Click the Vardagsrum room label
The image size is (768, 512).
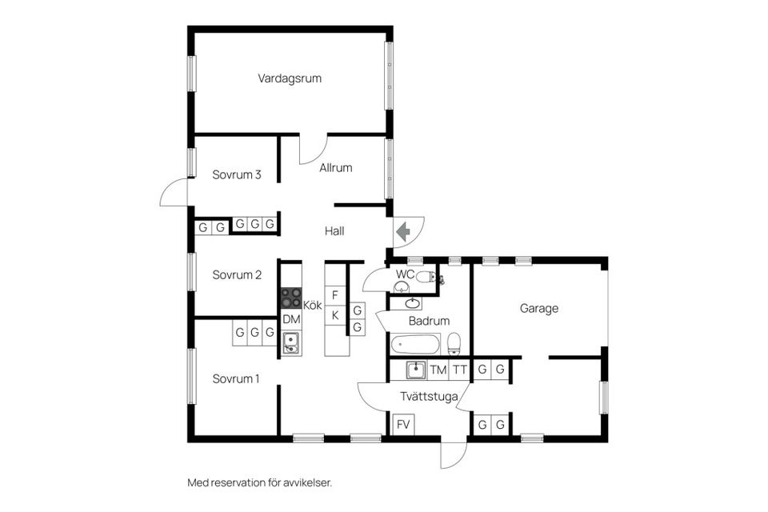290,78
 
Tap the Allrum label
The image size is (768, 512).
335,168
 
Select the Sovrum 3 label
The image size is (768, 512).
237,174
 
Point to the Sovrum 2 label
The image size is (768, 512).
237,275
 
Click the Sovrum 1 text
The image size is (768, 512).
236,378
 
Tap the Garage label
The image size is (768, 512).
538,308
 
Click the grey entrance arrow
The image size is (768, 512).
403,230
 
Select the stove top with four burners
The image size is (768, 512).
290,298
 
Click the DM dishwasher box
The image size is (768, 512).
291,319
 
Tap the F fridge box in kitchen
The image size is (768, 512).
336,294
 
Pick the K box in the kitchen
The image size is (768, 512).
336,316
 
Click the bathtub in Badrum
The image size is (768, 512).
415,346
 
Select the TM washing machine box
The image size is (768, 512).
438,370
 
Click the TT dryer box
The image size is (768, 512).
459,370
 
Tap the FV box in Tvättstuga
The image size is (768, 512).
402,424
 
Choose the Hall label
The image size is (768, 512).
334,231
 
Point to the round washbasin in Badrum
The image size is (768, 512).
413,303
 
